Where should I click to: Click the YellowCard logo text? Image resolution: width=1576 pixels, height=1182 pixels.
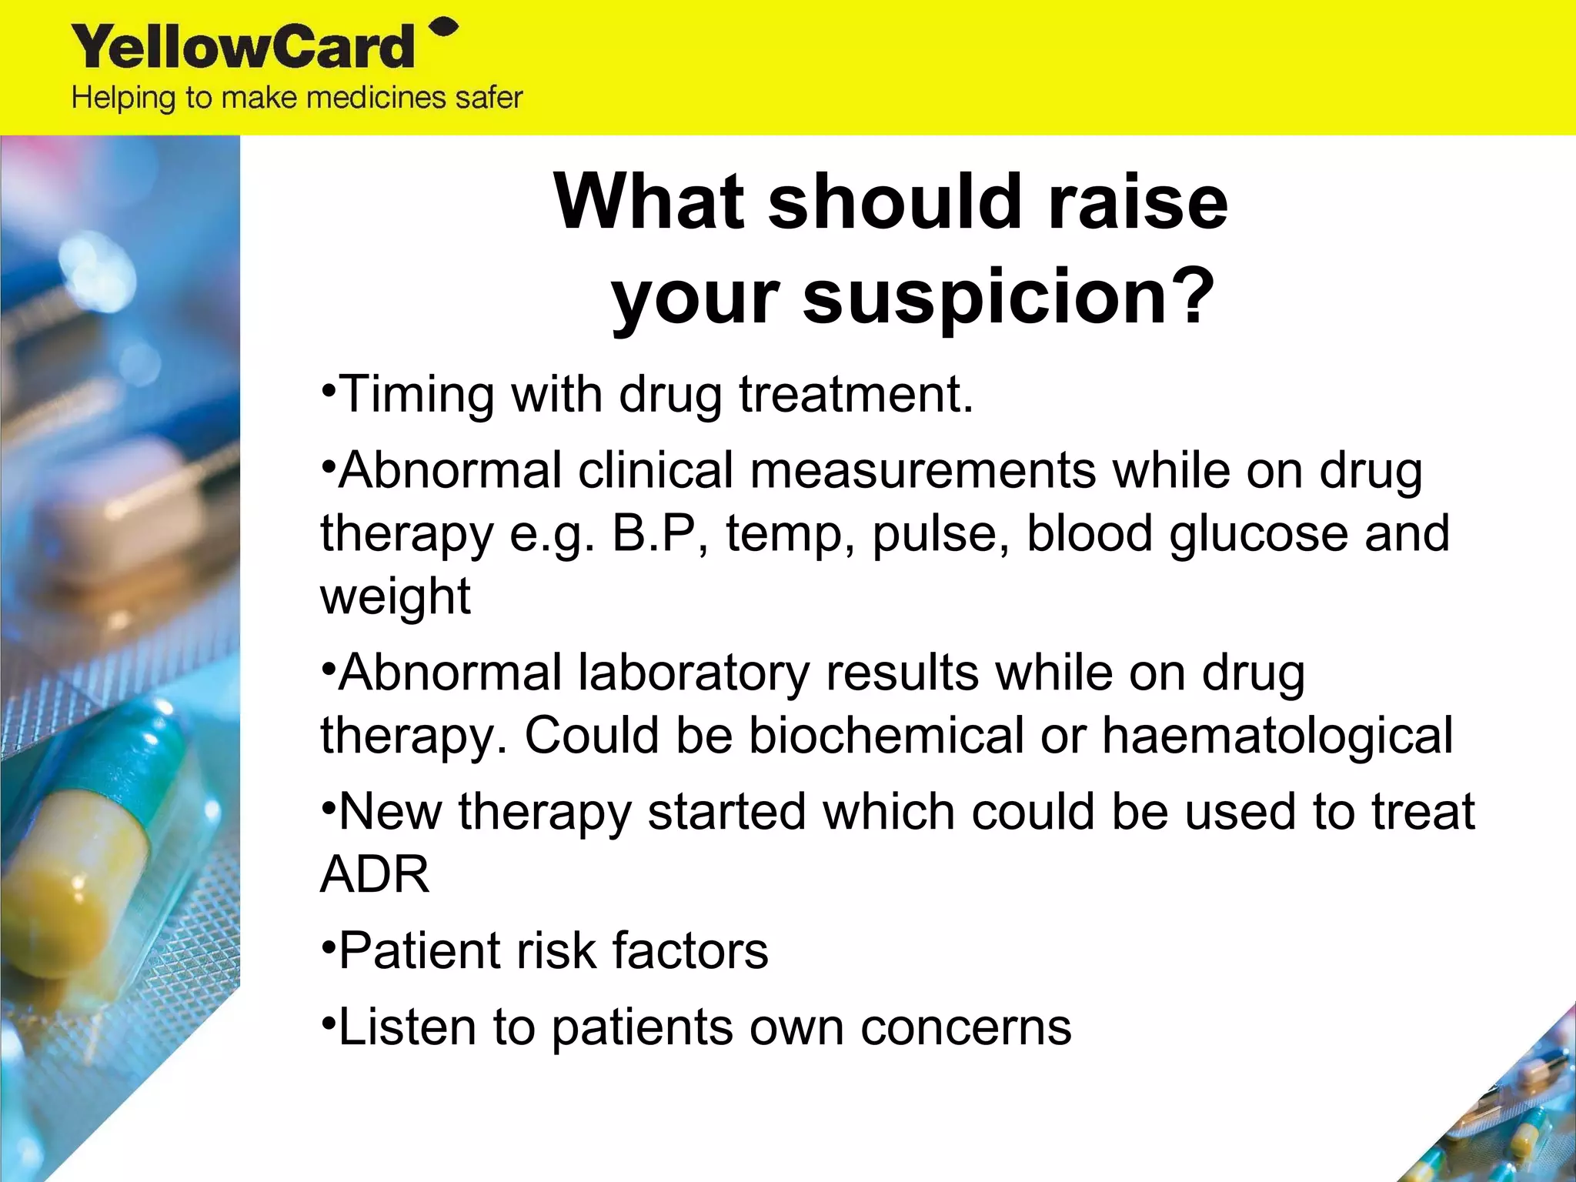[x=243, y=48]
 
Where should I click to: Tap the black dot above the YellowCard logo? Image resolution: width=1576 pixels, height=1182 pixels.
[x=444, y=28]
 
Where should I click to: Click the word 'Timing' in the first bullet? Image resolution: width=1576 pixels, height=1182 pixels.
[x=416, y=396]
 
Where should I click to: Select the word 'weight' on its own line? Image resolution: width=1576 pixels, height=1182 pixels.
[x=395, y=597]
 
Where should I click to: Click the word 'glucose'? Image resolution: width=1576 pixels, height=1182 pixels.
[x=1258, y=534]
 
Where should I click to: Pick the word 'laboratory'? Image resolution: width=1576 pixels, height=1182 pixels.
[x=693, y=673]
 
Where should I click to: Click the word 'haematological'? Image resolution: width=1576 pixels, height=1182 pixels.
[x=1277, y=736]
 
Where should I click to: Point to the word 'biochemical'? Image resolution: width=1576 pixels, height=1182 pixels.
[x=886, y=736]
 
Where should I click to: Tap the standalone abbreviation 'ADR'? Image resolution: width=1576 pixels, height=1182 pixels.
[x=375, y=875]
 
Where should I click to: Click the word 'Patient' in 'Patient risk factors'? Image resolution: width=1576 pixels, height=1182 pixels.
[x=419, y=951]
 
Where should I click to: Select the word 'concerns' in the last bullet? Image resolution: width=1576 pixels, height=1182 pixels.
[x=965, y=1028]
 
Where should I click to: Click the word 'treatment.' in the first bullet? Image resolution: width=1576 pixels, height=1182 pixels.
[x=856, y=396]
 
